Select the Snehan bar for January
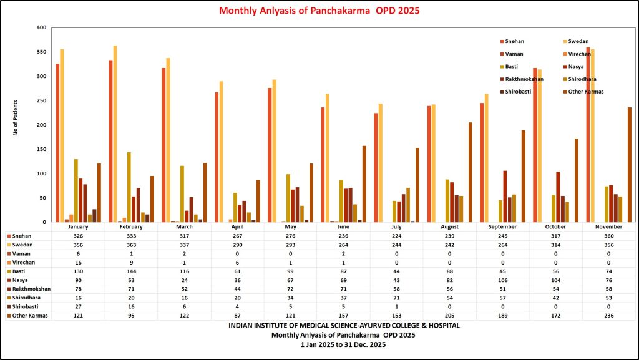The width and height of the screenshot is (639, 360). [57, 143]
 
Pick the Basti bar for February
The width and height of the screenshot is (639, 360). [129, 187]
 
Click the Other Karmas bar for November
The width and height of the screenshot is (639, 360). [630, 165]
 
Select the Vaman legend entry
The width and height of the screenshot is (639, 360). [514, 54]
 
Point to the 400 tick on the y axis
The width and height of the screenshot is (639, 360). [42, 28]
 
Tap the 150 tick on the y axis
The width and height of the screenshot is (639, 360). [42, 149]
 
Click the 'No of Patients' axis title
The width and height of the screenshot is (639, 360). [16, 118]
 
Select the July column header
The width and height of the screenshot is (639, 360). [396, 227]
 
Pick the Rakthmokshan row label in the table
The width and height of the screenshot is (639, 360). [30, 289]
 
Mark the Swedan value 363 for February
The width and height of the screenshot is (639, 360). [131, 245]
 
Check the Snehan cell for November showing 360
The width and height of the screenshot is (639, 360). [608, 236]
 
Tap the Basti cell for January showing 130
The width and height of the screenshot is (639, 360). [78, 271]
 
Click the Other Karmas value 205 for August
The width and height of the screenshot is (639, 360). [449, 316]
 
